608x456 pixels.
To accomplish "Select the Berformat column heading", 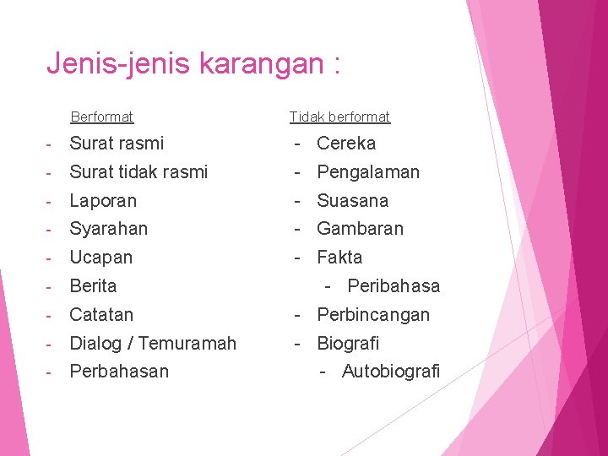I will tap(102, 117).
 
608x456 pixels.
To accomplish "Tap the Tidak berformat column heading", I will tap(339, 117).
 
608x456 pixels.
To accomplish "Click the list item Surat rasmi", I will tap(117, 144).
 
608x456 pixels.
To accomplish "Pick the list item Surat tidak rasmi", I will tap(138, 172).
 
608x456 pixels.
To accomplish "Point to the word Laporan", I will tap(103, 201).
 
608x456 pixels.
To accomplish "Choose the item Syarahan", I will tap(109, 229).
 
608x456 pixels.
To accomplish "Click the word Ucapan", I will tap(101, 258).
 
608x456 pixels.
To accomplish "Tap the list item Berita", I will tap(93, 286).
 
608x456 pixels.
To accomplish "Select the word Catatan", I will tap(101, 315).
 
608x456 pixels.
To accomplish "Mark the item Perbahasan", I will tap(119, 372).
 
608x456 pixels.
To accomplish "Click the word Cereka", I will tap(346, 144).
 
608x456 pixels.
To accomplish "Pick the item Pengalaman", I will tap(368, 172).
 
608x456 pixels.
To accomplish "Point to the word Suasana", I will tap(353, 201).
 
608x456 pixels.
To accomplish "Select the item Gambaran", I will tap(361, 229).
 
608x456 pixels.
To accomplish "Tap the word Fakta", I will tap(339, 258).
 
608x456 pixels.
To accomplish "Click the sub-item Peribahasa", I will tap(394, 286).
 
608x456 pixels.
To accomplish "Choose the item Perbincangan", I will tap(373, 315).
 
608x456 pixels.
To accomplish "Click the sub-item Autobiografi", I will tap(391, 372).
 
